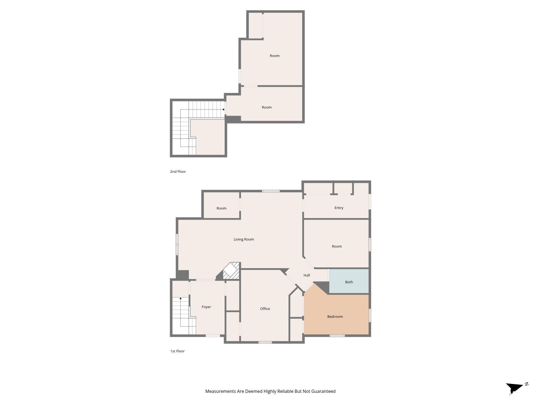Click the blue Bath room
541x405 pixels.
coord(349,282)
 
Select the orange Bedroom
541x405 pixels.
coord(335,316)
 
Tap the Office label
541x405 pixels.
coord(265,309)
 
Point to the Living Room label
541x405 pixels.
coord(244,239)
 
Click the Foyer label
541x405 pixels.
coord(206,307)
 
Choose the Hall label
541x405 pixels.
coord(306,275)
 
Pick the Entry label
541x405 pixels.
coord(339,208)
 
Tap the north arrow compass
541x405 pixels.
coord(515,388)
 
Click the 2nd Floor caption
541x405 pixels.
coord(178,171)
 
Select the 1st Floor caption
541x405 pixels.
coord(177,351)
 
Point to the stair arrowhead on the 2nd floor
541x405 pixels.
coord(224,109)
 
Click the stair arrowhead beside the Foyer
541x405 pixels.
coord(180,298)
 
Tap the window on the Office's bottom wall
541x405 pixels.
coord(265,342)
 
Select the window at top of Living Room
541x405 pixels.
coord(271,191)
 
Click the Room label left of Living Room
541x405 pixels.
coord(221,208)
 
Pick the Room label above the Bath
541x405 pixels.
coord(337,246)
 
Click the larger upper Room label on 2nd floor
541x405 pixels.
coord(275,56)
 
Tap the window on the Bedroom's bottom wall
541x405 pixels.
coord(337,336)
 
